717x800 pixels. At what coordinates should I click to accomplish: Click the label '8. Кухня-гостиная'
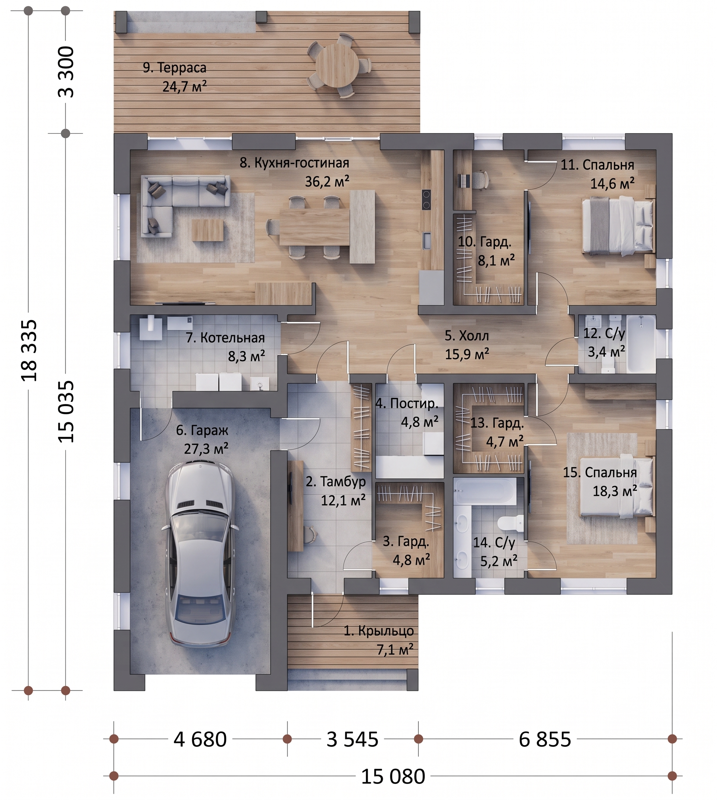(x=294, y=163)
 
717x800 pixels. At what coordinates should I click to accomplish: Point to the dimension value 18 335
(x=29, y=350)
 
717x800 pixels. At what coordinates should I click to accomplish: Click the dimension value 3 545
(x=352, y=739)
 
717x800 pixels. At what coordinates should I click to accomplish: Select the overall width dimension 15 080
(x=393, y=776)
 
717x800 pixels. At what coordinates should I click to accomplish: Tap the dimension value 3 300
(x=66, y=72)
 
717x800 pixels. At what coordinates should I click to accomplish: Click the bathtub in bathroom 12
(x=641, y=343)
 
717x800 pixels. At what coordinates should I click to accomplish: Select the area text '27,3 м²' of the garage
(x=206, y=449)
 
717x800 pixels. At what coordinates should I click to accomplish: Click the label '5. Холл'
(x=466, y=336)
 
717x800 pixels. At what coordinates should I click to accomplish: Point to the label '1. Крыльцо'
(x=379, y=631)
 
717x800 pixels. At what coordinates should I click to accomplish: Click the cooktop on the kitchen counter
(x=426, y=200)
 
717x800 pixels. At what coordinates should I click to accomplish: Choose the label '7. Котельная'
(x=225, y=338)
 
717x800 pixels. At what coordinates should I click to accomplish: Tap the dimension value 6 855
(x=545, y=739)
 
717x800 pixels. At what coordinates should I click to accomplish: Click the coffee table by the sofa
(x=208, y=230)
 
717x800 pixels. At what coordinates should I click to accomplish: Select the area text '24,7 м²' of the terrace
(x=184, y=86)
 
